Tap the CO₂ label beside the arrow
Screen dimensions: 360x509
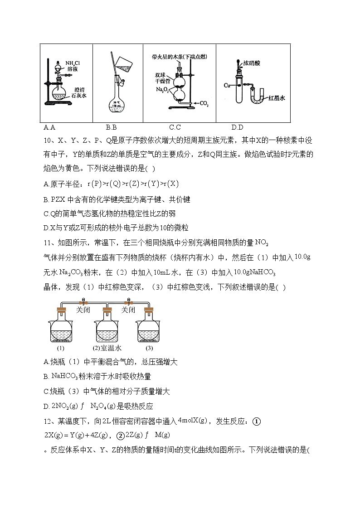204,104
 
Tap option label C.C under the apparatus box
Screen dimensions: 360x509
175,127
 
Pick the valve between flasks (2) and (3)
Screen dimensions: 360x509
128,301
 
